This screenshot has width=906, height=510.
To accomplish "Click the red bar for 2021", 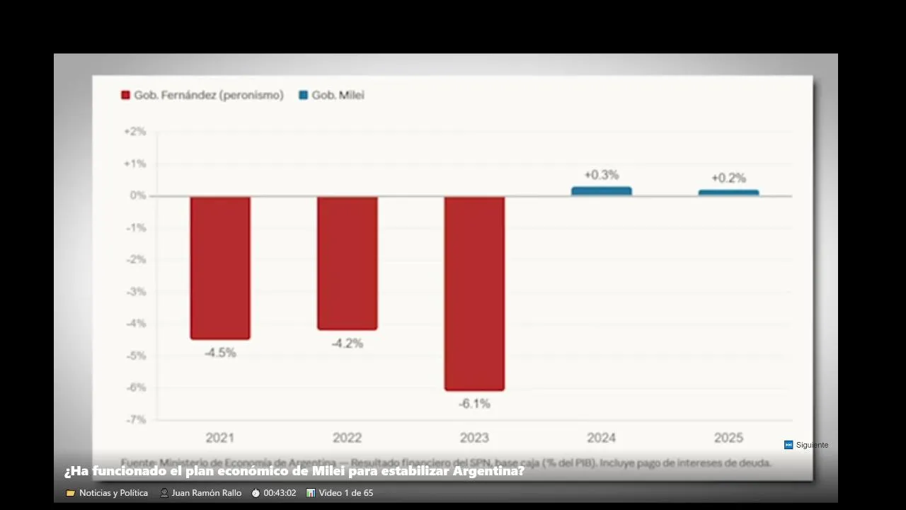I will (220, 267).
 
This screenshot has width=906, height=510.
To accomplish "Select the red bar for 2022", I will (347, 263).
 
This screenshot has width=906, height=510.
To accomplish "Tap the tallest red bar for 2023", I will (474, 293).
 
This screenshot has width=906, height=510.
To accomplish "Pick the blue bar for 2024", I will (601, 191).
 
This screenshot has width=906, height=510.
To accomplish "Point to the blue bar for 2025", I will (728, 193).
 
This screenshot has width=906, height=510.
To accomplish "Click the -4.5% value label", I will (220, 352).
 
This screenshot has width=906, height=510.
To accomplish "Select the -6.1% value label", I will (474, 404).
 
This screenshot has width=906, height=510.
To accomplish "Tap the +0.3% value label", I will (601, 175).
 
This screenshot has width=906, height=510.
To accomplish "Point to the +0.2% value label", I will (728, 178).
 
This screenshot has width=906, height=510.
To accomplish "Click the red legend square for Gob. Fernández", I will (126, 95).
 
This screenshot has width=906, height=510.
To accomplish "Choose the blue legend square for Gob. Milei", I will (304, 95).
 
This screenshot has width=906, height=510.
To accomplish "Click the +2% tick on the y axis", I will (134, 132).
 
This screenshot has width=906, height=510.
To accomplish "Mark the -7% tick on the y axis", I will (135, 419).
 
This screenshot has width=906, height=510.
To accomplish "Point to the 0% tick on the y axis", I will (137, 195).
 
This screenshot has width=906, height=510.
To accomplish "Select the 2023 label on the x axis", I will (474, 438).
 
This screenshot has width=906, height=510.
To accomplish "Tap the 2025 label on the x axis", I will (728, 438).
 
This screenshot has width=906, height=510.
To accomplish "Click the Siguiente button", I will (806, 445).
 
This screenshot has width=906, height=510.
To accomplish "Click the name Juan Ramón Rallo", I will (206, 493).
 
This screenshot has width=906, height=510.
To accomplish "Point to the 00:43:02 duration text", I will (280, 493).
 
